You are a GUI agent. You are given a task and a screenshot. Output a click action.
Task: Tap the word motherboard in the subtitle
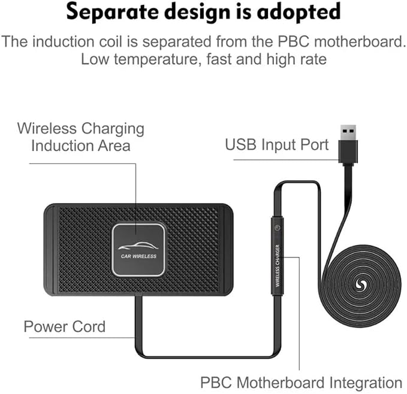click(360, 41)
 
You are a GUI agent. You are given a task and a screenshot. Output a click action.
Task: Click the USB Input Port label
click(277, 144)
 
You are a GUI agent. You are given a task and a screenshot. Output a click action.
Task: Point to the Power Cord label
click(65, 326)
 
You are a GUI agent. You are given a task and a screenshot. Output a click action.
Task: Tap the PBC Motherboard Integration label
click(302, 383)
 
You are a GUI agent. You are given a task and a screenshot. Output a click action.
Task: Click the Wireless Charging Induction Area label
click(81, 137)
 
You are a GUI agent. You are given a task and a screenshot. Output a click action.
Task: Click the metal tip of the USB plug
click(348, 132)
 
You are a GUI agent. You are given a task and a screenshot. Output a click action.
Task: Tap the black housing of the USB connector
click(348, 152)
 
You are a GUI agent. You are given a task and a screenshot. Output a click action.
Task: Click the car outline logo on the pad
click(138, 246)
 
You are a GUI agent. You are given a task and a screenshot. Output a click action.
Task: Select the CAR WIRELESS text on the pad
click(138, 256)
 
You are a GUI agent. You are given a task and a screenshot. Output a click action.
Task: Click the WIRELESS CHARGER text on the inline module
click(278, 266)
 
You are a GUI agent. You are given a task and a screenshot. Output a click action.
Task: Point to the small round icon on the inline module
click(277, 228)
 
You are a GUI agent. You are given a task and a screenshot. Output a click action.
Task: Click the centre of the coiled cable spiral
click(360, 285)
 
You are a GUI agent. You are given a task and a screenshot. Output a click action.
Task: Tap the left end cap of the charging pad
click(50, 250)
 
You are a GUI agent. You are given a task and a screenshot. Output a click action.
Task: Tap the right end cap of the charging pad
click(227, 250)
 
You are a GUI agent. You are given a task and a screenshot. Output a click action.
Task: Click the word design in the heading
click(198, 12)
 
